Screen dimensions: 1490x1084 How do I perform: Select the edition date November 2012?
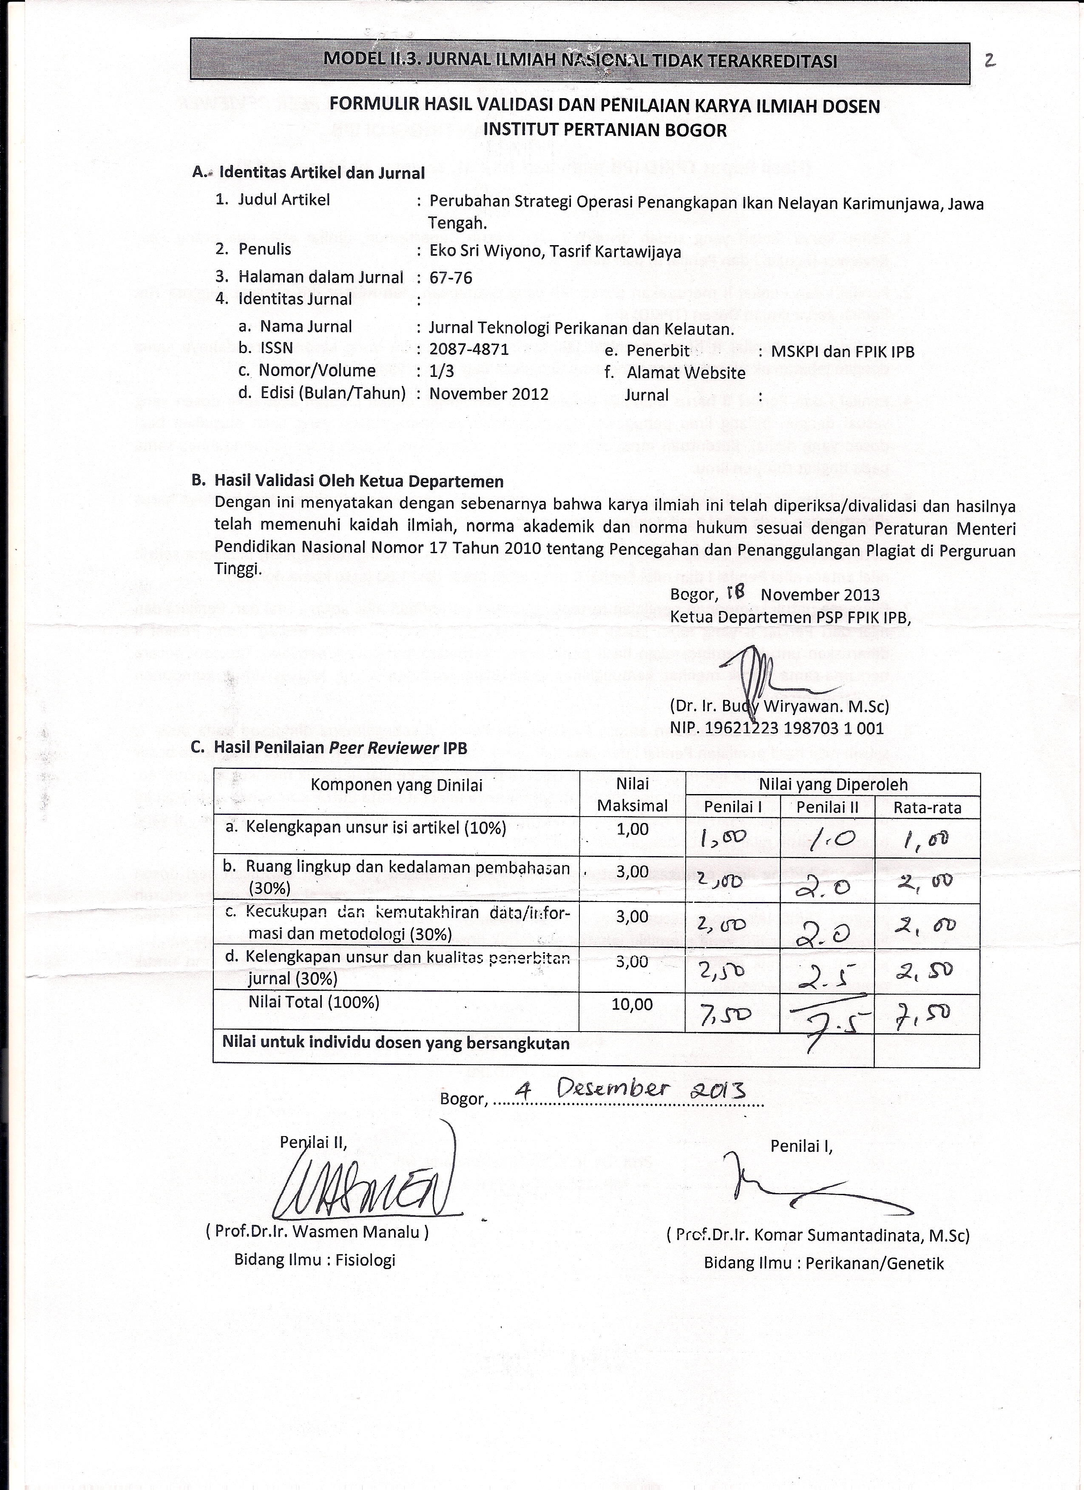(x=488, y=394)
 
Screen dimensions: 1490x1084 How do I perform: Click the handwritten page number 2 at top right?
(x=990, y=61)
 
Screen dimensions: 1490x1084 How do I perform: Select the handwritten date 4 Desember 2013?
(x=629, y=1091)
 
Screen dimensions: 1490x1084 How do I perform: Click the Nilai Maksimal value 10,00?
(x=632, y=1004)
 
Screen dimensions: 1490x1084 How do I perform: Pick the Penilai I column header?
(x=732, y=807)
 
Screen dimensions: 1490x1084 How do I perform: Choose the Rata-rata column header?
(x=927, y=807)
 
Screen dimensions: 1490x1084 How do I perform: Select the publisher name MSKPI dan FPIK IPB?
(x=842, y=351)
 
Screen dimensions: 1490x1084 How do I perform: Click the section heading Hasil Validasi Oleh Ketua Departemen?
(x=358, y=481)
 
